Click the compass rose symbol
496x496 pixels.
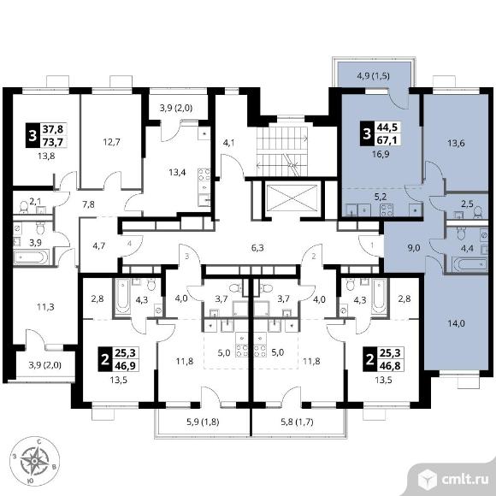click(x=34, y=461)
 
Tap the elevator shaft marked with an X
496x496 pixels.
click(x=292, y=198)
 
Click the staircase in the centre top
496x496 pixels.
click(x=282, y=151)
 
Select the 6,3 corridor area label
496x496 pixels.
click(x=257, y=248)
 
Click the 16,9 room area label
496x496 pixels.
click(x=381, y=154)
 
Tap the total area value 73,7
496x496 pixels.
click(x=53, y=142)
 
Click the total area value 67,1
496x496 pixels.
click(x=387, y=139)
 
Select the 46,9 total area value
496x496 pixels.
click(x=125, y=366)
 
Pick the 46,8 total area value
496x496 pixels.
click(x=390, y=366)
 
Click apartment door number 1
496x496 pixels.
click(x=372, y=245)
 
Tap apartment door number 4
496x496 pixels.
click(x=130, y=244)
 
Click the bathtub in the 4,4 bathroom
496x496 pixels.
click(x=469, y=264)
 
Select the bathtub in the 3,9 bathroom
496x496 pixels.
click(x=32, y=257)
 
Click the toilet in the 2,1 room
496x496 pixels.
click(x=24, y=207)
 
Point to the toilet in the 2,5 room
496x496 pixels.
click(x=478, y=212)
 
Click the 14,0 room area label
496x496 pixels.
click(x=457, y=323)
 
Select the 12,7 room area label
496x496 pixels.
click(x=112, y=142)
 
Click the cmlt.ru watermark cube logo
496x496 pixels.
click(x=428, y=479)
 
